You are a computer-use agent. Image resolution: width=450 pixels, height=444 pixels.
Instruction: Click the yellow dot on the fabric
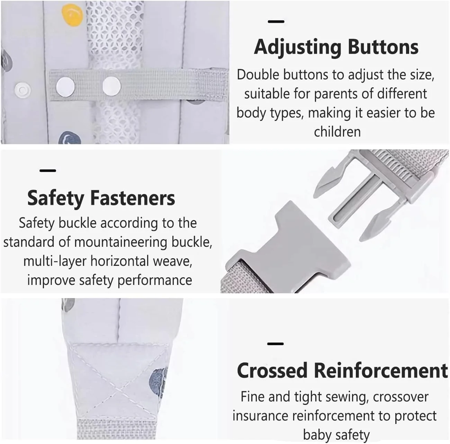72,15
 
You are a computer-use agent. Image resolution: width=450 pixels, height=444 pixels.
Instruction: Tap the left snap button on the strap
65,86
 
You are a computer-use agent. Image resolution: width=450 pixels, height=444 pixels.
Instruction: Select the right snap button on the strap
111,86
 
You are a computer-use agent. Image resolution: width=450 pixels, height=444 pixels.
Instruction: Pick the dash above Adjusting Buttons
276,21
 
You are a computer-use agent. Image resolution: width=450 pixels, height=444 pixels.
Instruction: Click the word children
337,132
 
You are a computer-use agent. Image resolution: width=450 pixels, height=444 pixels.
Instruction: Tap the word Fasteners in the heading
133,198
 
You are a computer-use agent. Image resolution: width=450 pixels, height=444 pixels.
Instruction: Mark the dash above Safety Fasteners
48,171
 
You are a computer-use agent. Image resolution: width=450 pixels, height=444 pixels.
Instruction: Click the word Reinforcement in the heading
381,371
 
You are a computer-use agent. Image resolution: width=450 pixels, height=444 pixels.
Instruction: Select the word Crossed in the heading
272,371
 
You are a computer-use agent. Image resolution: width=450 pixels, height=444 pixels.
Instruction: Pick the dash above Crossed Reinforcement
275,344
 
